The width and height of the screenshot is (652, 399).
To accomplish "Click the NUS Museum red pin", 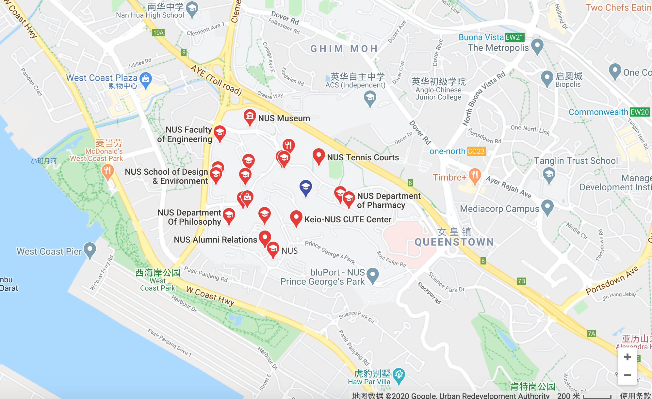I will pos(250,117).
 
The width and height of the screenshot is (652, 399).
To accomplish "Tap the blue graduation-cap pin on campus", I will pos(306,187).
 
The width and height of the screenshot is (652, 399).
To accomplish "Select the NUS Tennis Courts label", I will pos(363,157).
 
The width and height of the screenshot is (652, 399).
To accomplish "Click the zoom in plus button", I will pos(627,357).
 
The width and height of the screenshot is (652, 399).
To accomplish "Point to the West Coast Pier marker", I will pos(90,250).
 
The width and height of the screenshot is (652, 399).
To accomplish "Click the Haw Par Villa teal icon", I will pos(399,375).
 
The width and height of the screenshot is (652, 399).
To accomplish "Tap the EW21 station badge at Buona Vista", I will pos(514,37).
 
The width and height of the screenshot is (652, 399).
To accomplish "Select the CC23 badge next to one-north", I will pos(476,152).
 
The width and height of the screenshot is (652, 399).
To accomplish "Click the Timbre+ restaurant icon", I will pos(475,176).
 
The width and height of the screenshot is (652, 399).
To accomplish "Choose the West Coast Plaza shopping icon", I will pos(146,79).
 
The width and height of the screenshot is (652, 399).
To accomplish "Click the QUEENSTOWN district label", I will pos(454,242).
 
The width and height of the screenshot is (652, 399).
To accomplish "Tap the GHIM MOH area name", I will pos(344,49).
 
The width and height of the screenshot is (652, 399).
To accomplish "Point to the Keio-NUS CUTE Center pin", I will pos(296,218).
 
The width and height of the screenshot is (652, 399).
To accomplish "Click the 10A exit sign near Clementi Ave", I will pos(158,33).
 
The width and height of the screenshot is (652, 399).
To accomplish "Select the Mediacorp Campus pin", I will pos(547,207).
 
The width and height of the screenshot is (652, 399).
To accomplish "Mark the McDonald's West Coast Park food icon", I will pos(107,171).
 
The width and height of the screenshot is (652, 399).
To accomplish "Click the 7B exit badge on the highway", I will pos(522,281).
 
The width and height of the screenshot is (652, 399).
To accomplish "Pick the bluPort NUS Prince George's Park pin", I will pos(373,275).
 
